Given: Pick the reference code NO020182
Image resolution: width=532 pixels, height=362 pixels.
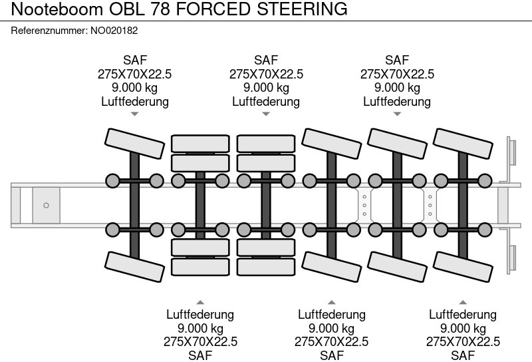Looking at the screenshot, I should click(x=114, y=31).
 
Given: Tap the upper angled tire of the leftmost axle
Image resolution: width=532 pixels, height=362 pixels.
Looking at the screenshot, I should click(x=135, y=142).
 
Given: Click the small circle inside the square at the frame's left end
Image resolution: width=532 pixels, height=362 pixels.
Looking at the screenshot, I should click(x=46, y=205).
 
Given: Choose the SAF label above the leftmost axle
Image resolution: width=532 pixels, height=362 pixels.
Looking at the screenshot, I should click(x=135, y=61).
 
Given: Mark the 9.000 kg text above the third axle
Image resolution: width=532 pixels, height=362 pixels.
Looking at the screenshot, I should click(x=266, y=88).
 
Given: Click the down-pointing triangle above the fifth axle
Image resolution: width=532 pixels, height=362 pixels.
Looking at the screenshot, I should click(x=397, y=114).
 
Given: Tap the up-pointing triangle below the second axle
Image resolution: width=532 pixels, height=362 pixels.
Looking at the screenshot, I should click(x=200, y=300).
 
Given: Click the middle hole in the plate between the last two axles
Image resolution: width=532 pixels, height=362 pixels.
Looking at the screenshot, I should click(x=430, y=205).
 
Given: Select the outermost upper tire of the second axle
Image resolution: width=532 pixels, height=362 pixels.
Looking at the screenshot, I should click(x=200, y=142).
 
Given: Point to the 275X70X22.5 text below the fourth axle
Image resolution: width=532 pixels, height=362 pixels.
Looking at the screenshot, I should click(x=331, y=341).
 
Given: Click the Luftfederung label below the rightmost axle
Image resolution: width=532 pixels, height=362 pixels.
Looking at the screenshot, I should click(x=463, y=314).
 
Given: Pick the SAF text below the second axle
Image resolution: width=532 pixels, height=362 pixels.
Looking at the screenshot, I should click(x=200, y=355).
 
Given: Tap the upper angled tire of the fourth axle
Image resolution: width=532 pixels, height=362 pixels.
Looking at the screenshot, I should click(x=331, y=142).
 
